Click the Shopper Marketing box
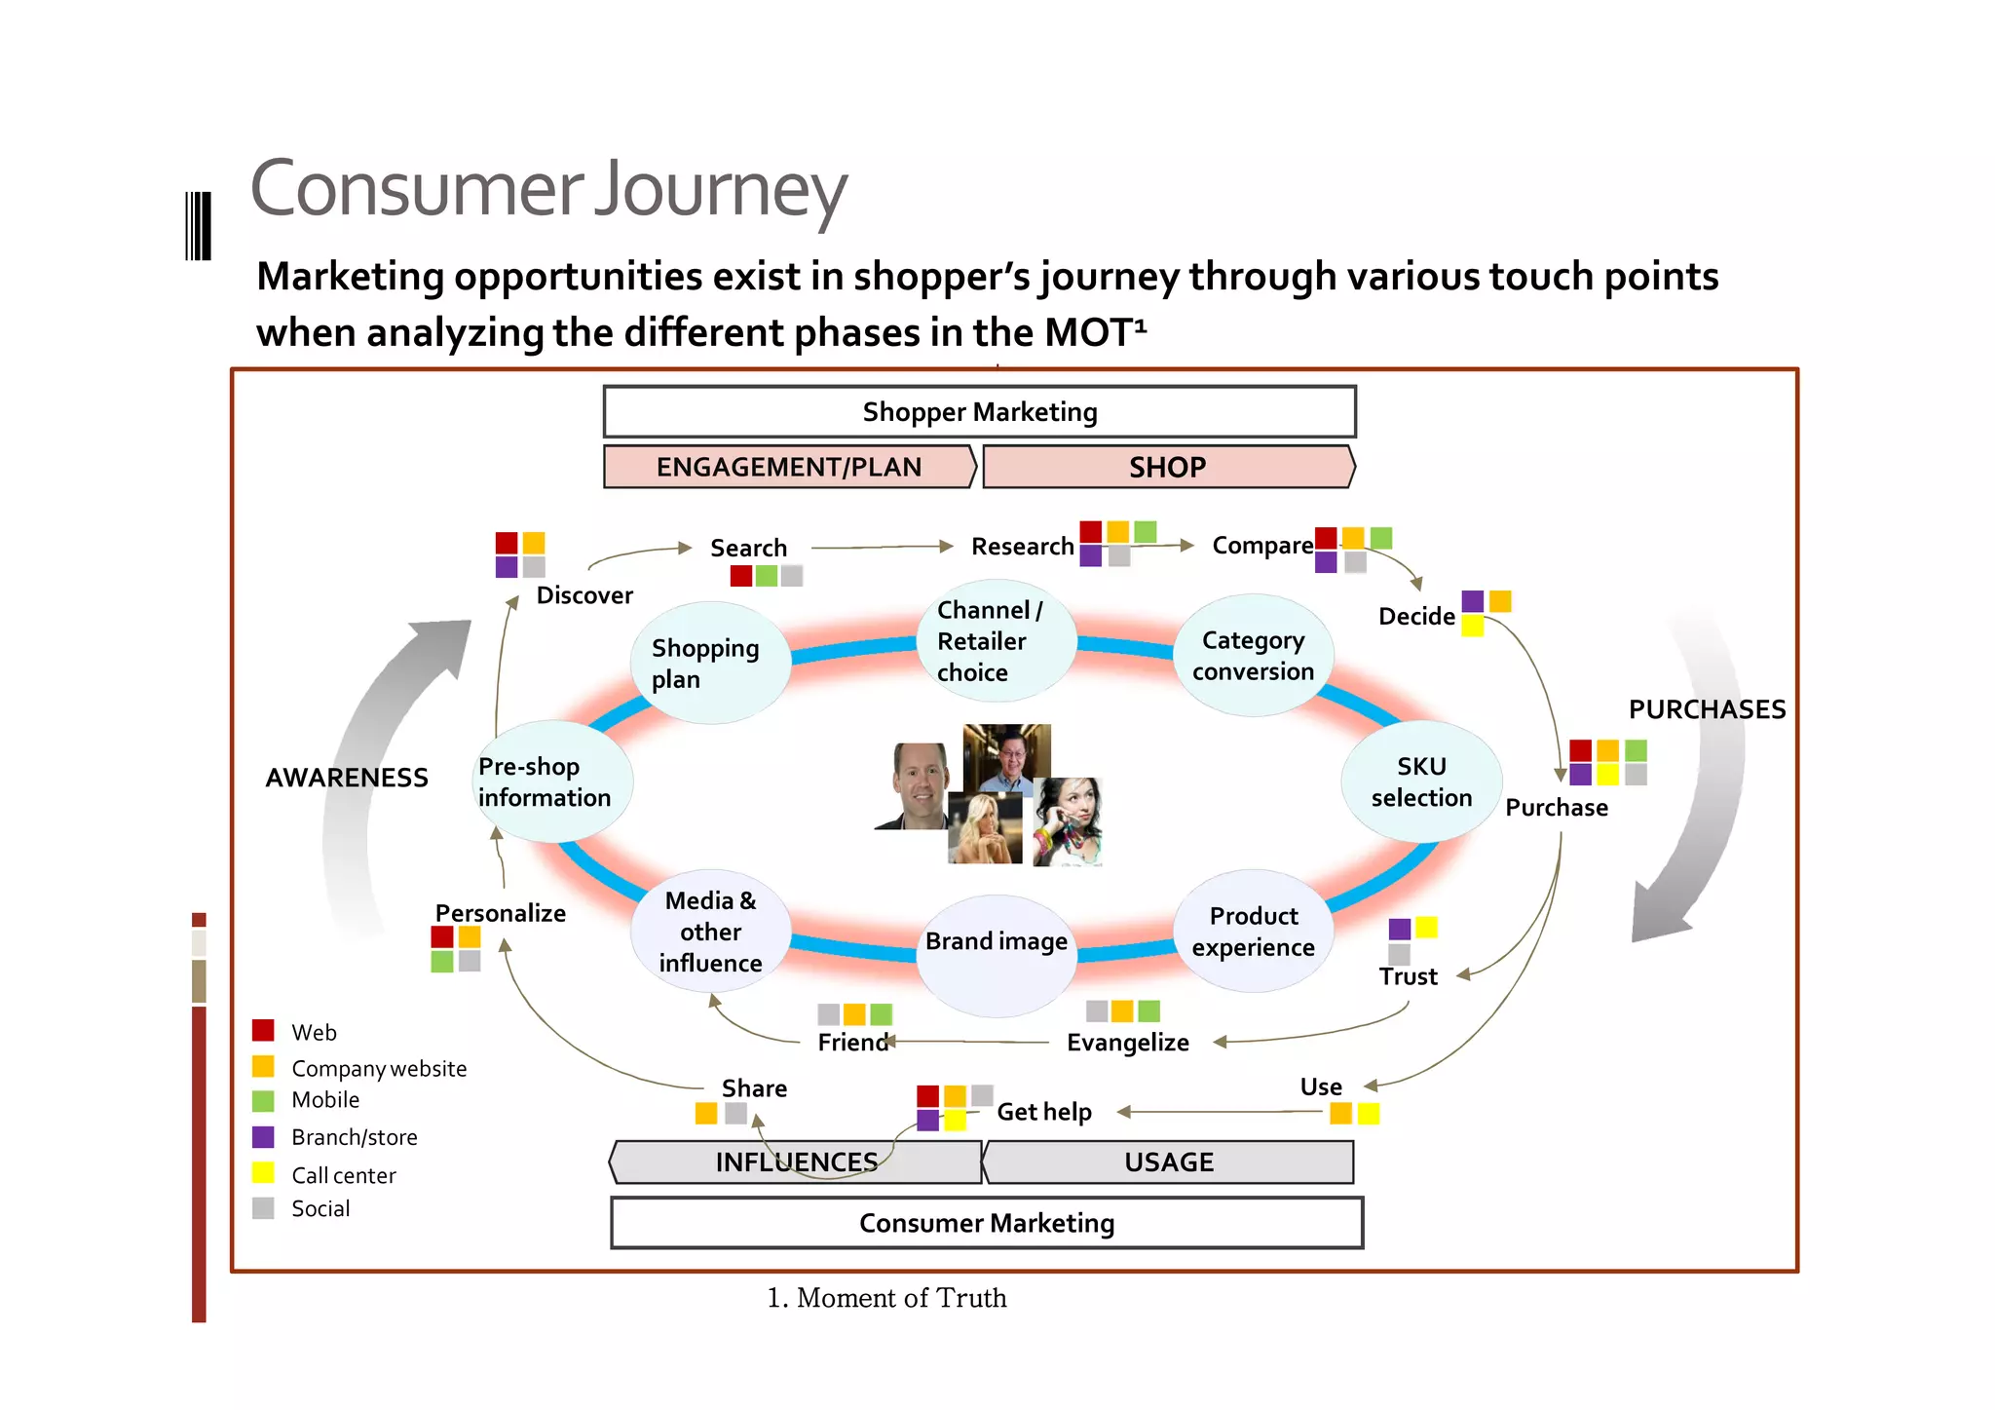(x=979, y=412)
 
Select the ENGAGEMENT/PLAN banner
(x=788, y=467)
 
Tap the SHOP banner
(x=1167, y=467)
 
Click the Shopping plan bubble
(x=708, y=663)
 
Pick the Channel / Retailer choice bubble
(x=994, y=641)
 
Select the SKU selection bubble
(x=1420, y=781)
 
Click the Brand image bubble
(x=996, y=941)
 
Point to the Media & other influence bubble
(x=710, y=932)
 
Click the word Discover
(x=584, y=595)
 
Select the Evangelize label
(x=1127, y=1043)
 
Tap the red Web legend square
(x=263, y=1031)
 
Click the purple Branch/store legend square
(x=263, y=1137)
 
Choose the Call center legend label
(x=343, y=1176)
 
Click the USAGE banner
(x=1168, y=1162)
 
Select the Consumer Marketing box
(x=986, y=1223)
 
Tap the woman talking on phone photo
(x=1069, y=821)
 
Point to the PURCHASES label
(x=1707, y=709)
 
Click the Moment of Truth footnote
(x=886, y=1298)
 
